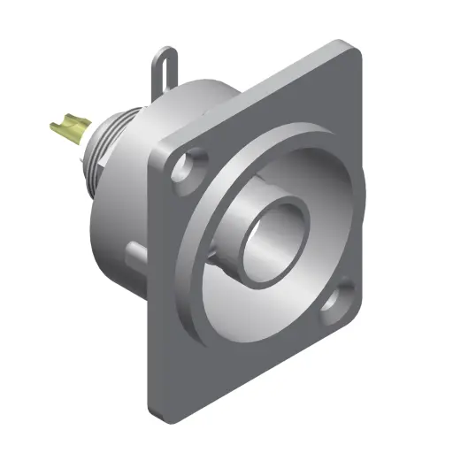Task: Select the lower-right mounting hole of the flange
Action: pyautogui.click(x=335, y=303)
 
